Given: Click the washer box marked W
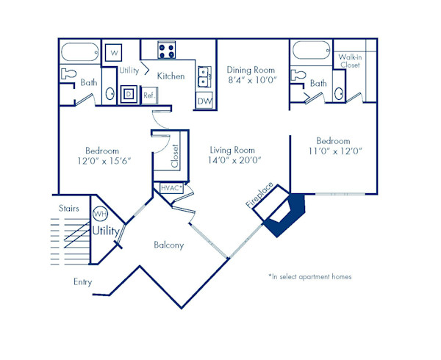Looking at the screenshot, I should [113, 54].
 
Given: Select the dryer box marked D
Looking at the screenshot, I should [128, 94].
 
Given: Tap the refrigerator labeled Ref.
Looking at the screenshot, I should [148, 95].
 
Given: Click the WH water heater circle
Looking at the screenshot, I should [100, 215].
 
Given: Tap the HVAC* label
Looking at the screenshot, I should [171, 189].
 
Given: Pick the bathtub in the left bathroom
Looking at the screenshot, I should [79, 52].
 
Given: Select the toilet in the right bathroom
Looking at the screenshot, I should [298, 75].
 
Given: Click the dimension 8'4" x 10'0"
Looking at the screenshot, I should [252, 79].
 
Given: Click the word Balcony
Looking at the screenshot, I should [168, 245].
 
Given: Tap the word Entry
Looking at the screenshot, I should [83, 281].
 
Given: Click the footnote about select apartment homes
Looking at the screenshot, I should [309, 277].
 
